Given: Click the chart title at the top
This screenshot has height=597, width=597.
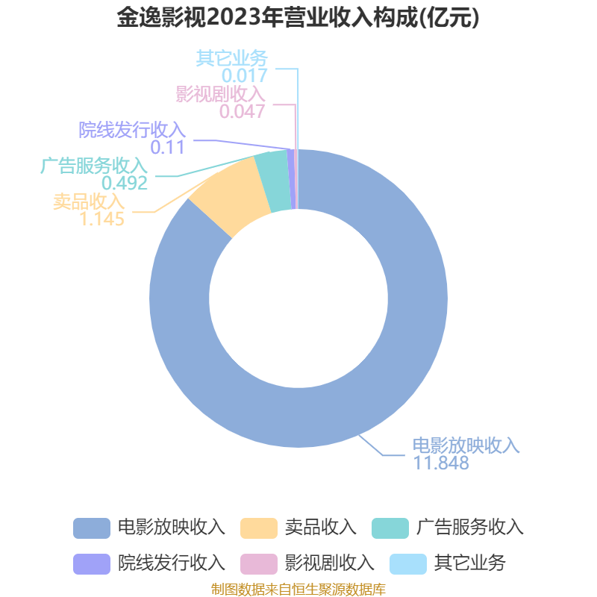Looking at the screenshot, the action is (298, 17).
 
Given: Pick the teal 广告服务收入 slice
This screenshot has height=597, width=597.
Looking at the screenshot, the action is (272, 181).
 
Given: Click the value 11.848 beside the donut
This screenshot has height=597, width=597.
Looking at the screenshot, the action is (441, 463).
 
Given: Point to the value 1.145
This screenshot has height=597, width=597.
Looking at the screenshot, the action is (101, 219).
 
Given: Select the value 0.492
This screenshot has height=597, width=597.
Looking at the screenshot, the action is (125, 183).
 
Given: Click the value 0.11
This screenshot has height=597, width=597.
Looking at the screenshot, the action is (167, 147).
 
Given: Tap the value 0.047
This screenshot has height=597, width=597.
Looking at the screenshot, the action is (242, 111).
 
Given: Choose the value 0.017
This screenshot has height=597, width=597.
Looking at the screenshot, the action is (245, 76).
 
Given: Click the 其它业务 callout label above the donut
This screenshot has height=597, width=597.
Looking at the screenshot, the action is (232, 58).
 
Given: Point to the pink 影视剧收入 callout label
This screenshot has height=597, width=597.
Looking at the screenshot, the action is (220, 94).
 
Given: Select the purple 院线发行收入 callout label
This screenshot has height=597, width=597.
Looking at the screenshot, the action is (132, 130).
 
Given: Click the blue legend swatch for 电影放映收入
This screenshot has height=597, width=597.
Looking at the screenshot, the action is (92, 528).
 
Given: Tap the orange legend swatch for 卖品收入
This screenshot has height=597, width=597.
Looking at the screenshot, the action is (259, 528).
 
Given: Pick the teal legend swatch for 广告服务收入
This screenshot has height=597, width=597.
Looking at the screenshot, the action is (390, 528).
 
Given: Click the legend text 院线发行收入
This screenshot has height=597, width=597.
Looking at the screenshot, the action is (172, 563).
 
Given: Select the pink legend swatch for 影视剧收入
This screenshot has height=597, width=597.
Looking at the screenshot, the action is (259, 564).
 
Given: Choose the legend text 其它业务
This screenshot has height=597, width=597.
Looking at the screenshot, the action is (470, 563).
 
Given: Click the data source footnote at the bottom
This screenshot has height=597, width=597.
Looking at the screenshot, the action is (298, 590).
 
